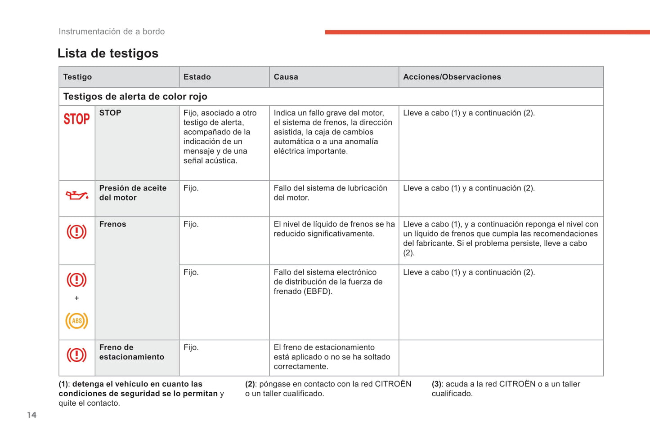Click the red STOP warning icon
pos(76,119)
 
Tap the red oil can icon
pos(77,195)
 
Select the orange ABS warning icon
pos(76,320)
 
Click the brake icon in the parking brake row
pos(76,355)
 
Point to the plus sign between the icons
pos(76,298)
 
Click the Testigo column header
pos(77,77)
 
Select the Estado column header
pos(197,77)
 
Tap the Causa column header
pos(286,77)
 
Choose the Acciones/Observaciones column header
pos(452,77)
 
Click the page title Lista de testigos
pos(108,53)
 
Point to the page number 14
pos(31,415)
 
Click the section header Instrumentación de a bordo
pos(112,31)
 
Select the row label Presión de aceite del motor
pos(133,193)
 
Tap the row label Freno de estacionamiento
pos(131,352)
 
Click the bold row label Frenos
pos(112,224)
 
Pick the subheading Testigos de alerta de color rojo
pos(135,97)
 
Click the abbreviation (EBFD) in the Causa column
pos(318,291)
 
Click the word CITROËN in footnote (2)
pos(393,384)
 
